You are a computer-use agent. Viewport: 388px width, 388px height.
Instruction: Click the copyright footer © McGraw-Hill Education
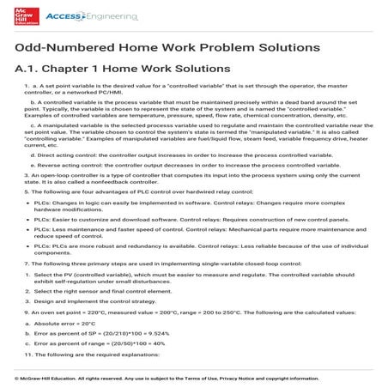click(160, 379)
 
